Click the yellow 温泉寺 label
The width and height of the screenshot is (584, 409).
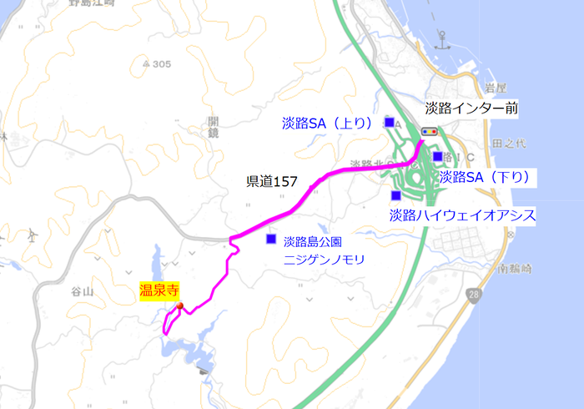click(x=159, y=291)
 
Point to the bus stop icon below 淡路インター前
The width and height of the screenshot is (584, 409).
click(x=430, y=131)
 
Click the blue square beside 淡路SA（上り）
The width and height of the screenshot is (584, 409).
click(x=390, y=123)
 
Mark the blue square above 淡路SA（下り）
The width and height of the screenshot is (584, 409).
click(x=438, y=156)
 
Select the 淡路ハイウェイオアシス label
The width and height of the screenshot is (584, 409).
click(x=462, y=215)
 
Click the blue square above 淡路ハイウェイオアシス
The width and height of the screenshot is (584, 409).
click(x=395, y=195)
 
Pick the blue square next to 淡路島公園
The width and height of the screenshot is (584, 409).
click(x=270, y=240)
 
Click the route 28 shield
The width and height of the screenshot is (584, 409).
click(x=474, y=297)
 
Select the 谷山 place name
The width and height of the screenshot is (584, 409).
click(x=82, y=290)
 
